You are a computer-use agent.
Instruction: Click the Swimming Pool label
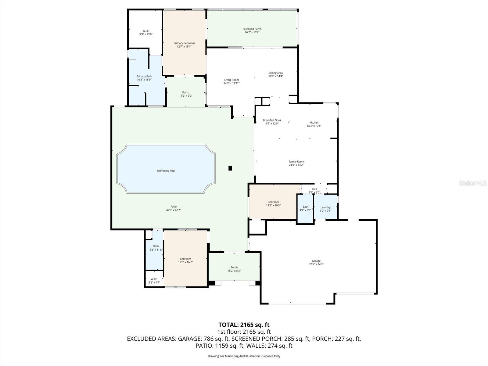[x=166, y=171]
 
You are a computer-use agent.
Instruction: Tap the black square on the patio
[x=230, y=168]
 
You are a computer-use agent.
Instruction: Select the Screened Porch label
[x=252, y=29]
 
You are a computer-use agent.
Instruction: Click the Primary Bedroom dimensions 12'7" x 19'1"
[x=184, y=47]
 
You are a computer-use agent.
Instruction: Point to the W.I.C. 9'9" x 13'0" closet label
[x=146, y=32]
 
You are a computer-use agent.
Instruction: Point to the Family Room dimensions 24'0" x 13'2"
[x=296, y=165]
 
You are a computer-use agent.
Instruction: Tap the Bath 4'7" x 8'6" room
[x=305, y=209]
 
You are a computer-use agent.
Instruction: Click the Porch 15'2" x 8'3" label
[x=234, y=269]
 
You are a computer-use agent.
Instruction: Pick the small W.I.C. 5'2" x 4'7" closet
[x=154, y=281]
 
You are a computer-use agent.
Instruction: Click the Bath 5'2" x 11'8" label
[x=156, y=248]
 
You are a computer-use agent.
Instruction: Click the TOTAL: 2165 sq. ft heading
[x=244, y=325]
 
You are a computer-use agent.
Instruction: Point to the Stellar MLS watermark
[x=473, y=183]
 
